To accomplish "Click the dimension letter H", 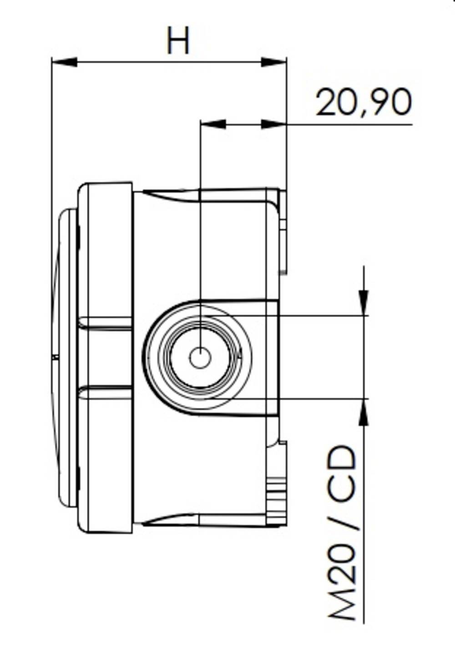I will click(178, 40).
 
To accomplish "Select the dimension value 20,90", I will click(364, 102).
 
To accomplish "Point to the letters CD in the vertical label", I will click(342, 473).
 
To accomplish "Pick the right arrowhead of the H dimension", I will click(273, 62).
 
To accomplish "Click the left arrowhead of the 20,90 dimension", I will click(213, 124).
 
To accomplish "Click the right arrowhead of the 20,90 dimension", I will click(273, 124).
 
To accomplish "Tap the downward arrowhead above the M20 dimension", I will click(364, 302).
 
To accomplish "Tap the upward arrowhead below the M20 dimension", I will click(364, 412).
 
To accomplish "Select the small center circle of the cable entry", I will click(200, 358).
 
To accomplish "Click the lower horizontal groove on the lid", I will click(106, 392).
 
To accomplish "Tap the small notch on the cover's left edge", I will click(55, 358).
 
